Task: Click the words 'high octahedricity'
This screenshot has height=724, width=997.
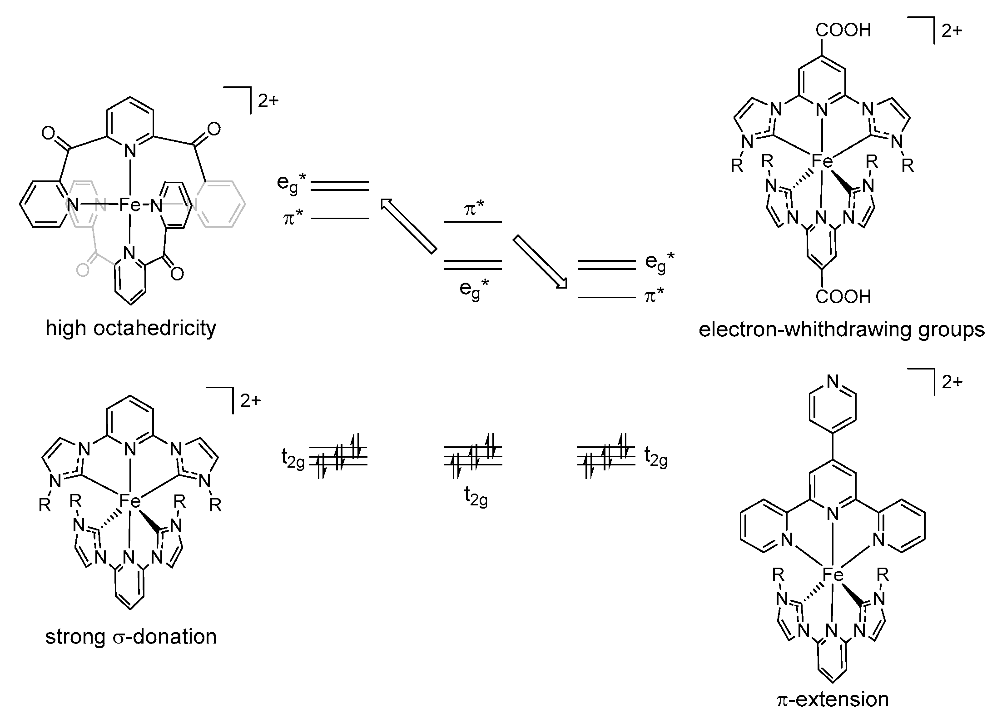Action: coord(131,328)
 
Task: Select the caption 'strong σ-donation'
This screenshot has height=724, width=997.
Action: coord(131,637)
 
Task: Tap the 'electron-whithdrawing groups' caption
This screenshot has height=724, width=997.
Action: coord(842,329)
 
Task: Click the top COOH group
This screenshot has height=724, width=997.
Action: coord(843,30)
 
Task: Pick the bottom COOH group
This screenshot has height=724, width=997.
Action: coord(843,296)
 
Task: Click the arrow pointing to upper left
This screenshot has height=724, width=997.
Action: coord(408,225)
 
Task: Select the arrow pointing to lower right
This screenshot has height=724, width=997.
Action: coord(541,262)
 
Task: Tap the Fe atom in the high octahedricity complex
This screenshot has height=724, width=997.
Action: coord(130,206)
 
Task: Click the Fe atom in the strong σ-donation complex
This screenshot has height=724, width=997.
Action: coord(130,501)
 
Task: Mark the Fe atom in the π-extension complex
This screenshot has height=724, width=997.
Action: coord(833,575)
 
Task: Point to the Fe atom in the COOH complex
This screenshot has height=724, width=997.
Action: coord(822,161)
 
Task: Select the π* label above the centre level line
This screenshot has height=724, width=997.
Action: coord(473,210)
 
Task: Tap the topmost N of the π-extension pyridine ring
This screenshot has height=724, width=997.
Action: coord(833,381)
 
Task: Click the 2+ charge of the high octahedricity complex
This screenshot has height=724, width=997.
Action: coord(268,101)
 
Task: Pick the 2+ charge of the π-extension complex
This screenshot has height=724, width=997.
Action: coord(952,382)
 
